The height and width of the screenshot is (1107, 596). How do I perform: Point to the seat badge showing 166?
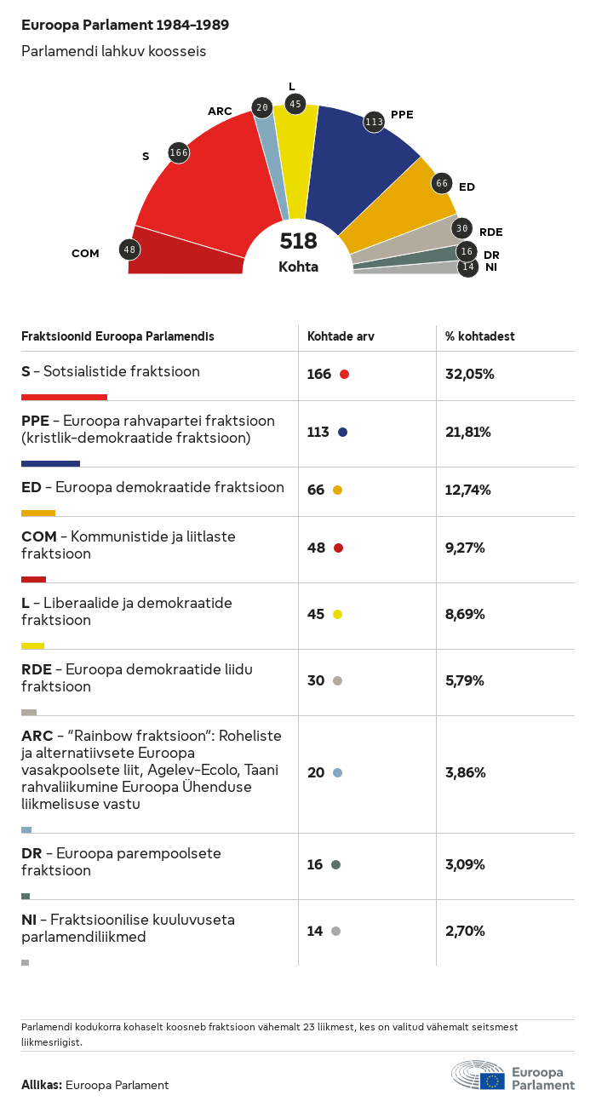tap(179, 152)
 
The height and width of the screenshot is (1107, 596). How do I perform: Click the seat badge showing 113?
tap(374, 122)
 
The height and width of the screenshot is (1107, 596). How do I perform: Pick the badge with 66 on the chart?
tap(442, 183)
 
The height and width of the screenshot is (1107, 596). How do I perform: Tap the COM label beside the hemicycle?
tap(85, 253)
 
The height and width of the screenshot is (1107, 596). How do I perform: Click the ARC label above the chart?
tap(220, 111)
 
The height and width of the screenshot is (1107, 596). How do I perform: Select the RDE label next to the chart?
tap(490, 232)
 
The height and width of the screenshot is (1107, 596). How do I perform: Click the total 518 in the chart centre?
tap(298, 242)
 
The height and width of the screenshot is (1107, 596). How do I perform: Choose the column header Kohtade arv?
tap(341, 336)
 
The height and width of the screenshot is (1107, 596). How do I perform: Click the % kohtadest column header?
tap(479, 336)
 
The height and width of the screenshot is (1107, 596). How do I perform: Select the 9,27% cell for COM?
tap(465, 548)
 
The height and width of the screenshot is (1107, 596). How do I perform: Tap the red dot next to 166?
tap(344, 375)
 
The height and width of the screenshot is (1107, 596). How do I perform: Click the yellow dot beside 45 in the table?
tap(337, 615)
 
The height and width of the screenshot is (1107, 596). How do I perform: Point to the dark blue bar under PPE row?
tap(50, 463)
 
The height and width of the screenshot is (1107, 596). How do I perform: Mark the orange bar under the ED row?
tap(38, 513)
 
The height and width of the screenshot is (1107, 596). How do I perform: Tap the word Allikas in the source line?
tap(41, 1085)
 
